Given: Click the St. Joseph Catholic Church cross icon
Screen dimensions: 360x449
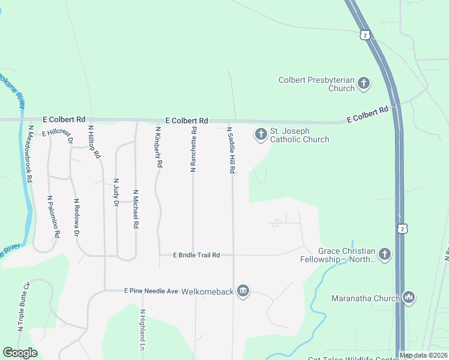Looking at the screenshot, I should coord(261,134).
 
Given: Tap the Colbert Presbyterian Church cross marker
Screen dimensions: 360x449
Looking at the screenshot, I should coord(363,83).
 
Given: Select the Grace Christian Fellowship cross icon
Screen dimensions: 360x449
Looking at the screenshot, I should coord(384,255).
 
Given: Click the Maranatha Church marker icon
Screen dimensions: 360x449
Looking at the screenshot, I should coord(409,298).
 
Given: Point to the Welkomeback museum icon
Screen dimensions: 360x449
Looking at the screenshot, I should coord(243,291).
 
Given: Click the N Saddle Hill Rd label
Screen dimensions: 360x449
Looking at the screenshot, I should coord(230,151).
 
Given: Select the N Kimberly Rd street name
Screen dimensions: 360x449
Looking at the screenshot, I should coord(158,146).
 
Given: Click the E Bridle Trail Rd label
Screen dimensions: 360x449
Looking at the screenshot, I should coord(196,255).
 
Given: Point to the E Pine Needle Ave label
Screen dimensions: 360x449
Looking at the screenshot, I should coord(151,291).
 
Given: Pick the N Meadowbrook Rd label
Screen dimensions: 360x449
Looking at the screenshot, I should coord(29,153).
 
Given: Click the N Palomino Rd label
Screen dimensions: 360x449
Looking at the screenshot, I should coord(53,217).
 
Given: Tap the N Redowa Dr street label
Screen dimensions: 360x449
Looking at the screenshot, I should coord(76,218).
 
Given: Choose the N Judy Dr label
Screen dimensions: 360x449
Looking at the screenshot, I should coord(116,193).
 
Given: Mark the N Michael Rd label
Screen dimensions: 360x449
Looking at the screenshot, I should coord(136,208).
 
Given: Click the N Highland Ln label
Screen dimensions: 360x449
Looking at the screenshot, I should coord(143,331).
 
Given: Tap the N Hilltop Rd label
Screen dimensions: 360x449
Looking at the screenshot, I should coord(94,141).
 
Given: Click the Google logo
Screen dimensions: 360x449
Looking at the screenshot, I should coord(20,353).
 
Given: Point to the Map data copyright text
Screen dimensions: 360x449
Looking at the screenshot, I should coord(423,355).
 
